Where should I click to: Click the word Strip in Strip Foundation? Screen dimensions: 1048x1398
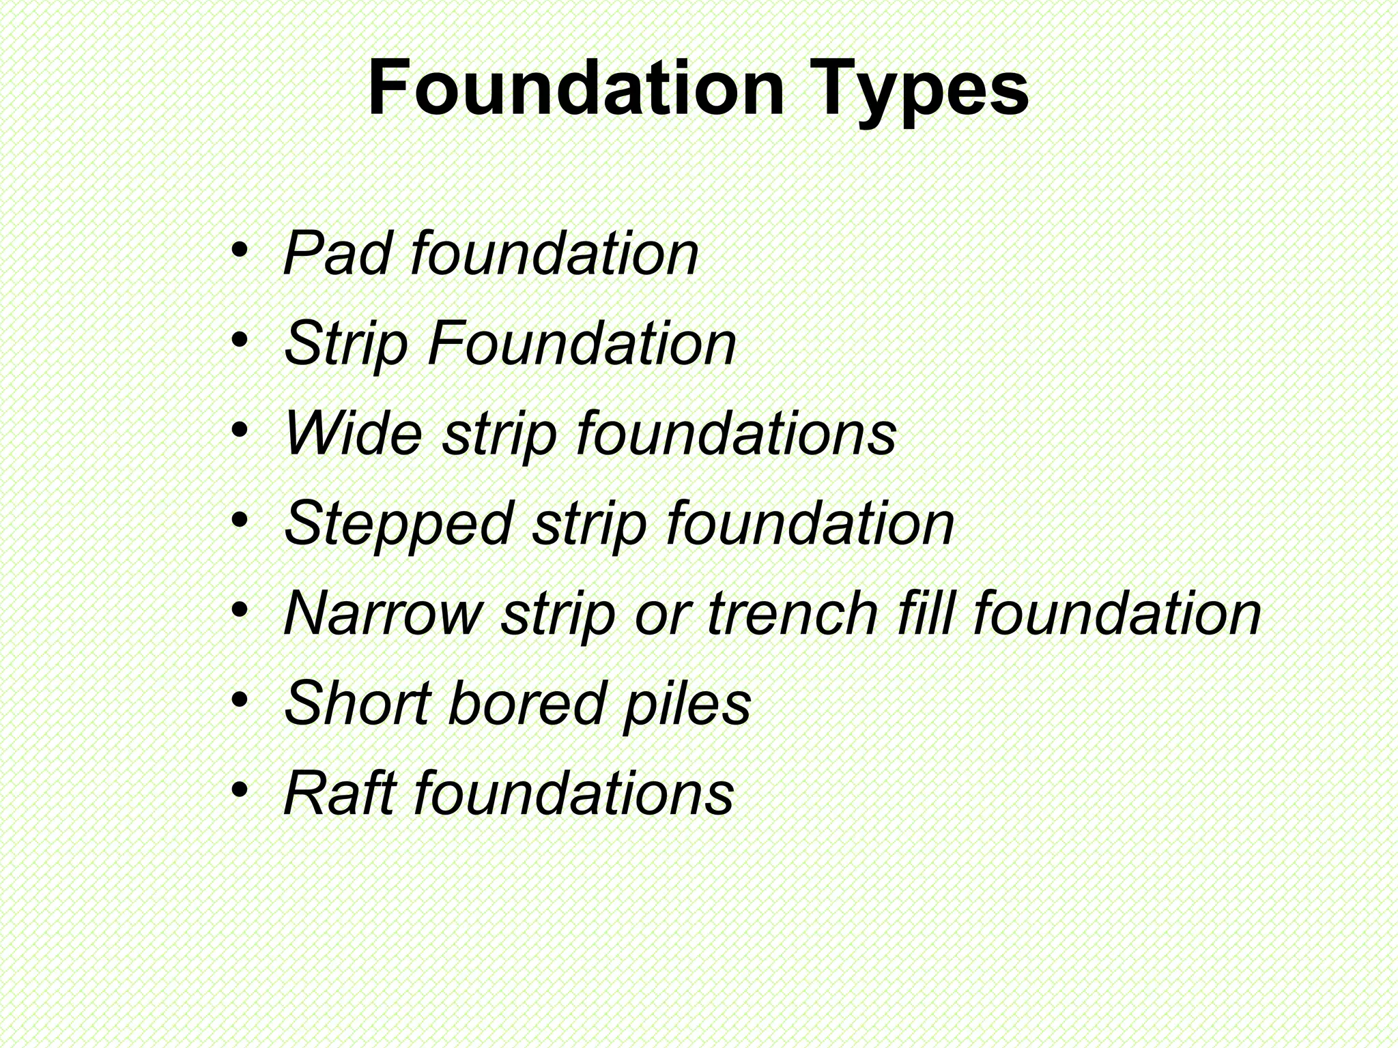pos(346,344)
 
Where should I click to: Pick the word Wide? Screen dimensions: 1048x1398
pos(354,433)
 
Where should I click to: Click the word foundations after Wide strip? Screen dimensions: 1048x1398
pos(737,433)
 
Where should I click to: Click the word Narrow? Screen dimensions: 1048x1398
pos(383,613)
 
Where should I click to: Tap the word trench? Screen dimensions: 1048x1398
pos(793,613)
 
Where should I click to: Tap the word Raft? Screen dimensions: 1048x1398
pos(339,793)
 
